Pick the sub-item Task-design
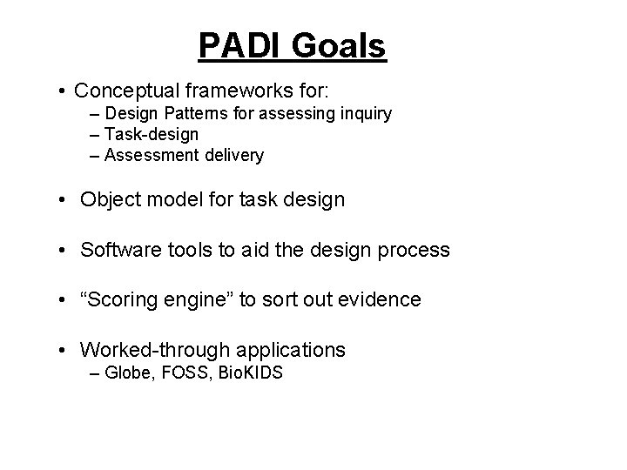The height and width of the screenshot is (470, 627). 151,135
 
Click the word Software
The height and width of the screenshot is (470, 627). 120,250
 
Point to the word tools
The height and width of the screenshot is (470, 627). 188,250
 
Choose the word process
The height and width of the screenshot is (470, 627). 415,250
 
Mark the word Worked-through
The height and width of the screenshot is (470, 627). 153,351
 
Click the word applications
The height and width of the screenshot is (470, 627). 289,351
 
